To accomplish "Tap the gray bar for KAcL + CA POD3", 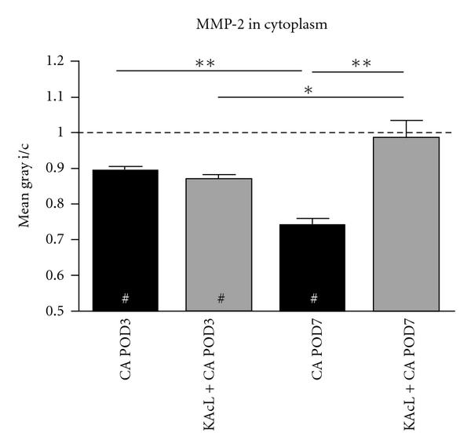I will tap(221, 243).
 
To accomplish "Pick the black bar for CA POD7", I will tap(314, 267).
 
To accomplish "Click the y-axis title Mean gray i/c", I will tap(25, 185).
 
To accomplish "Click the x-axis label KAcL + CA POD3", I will tap(221, 376).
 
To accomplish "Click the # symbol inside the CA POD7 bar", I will tap(314, 298).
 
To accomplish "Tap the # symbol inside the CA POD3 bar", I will tap(126, 298).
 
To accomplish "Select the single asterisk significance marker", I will tap(309, 91).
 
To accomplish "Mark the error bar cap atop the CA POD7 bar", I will tap(314, 219).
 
